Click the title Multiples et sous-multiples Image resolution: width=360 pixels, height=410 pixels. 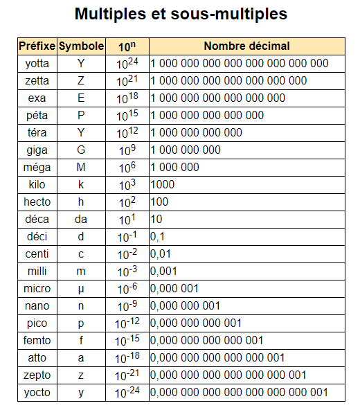click(x=180, y=15)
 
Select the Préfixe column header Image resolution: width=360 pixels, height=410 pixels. click(x=37, y=46)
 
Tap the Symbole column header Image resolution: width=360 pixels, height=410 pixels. click(x=81, y=46)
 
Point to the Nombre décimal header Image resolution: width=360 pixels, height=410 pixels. click(x=246, y=46)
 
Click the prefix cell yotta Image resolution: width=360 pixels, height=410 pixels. click(x=37, y=64)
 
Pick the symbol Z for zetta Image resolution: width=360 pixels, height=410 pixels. click(x=81, y=81)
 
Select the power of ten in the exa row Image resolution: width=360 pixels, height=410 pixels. click(x=127, y=98)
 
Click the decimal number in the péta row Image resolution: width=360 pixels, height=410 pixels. click(x=207, y=116)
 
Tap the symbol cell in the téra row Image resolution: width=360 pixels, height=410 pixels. click(x=81, y=133)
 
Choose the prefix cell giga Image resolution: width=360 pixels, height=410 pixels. click(x=37, y=150)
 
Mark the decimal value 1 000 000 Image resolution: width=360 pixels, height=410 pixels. click(x=174, y=168)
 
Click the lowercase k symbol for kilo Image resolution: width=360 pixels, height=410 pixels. click(x=81, y=185)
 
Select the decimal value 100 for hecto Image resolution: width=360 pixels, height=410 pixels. click(x=159, y=202)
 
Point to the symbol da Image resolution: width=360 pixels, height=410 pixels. click(x=81, y=220)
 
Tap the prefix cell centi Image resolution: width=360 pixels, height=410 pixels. click(x=37, y=254)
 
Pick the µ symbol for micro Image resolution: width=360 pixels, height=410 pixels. click(x=81, y=289)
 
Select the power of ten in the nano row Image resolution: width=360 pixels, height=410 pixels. click(x=127, y=306)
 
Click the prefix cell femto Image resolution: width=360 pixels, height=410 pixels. click(x=37, y=341)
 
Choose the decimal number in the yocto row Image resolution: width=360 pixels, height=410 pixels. click(x=239, y=393)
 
